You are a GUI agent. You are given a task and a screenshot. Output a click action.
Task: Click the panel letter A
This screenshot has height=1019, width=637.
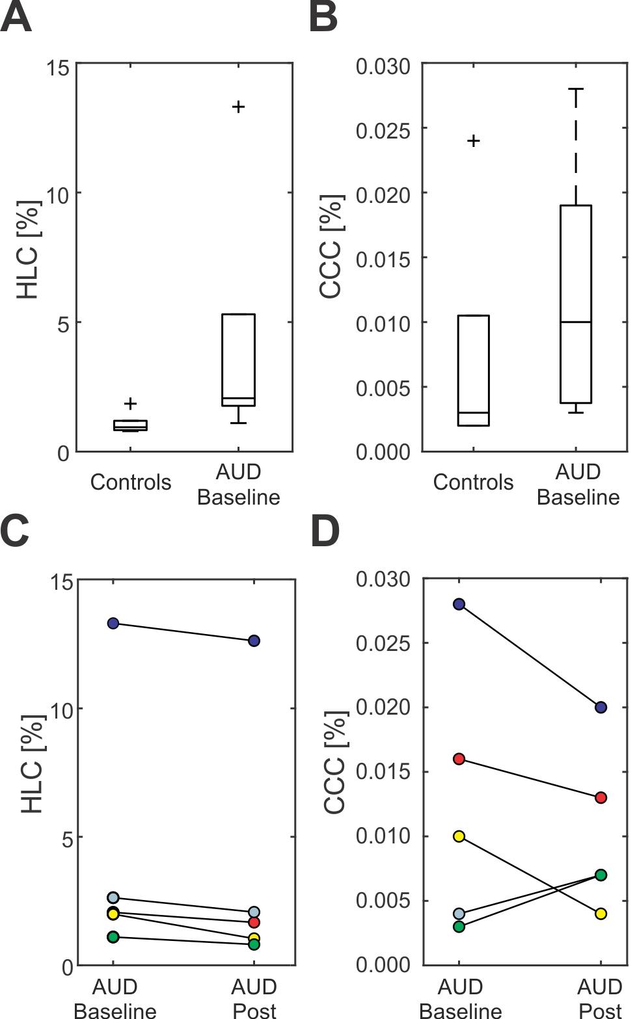click(16, 18)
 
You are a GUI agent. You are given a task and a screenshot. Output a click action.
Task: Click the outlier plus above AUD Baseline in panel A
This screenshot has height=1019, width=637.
click(239, 107)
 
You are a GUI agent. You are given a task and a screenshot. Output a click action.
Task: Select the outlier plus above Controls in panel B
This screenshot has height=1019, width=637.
click(474, 140)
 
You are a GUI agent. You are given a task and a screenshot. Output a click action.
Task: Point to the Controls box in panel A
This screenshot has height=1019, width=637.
click(130, 425)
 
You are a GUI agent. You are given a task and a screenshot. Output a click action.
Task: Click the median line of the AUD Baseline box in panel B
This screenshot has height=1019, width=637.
click(576, 322)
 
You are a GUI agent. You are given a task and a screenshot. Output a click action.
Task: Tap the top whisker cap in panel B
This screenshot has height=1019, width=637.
click(576, 88)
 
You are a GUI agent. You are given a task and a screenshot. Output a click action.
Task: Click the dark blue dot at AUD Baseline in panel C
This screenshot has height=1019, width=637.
click(113, 623)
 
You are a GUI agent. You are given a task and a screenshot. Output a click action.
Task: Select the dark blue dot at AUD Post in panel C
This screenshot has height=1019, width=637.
click(254, 641)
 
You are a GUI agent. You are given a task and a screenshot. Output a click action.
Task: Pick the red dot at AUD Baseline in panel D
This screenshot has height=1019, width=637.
click(459, 759)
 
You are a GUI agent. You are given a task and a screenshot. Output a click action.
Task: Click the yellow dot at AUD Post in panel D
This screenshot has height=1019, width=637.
click(601, 914)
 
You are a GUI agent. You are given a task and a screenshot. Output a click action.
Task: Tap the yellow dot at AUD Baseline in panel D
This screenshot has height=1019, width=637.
click(459, 836)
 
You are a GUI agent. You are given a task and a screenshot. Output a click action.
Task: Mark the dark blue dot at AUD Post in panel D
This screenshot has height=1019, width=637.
click(601, 707)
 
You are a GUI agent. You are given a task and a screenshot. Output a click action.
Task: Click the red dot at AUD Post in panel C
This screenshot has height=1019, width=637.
click(254, 923)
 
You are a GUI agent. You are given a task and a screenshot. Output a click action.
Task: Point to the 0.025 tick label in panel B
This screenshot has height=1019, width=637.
click(383, 130)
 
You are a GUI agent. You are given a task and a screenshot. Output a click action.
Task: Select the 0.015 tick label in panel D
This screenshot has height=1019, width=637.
click(383, 772)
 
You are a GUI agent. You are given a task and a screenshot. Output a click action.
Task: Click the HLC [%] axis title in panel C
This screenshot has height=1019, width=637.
click(32, 764)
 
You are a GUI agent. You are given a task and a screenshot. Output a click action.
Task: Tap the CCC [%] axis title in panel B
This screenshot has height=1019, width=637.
click(331, 246)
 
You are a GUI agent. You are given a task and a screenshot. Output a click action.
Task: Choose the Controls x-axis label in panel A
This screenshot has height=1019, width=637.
click(131, 483)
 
